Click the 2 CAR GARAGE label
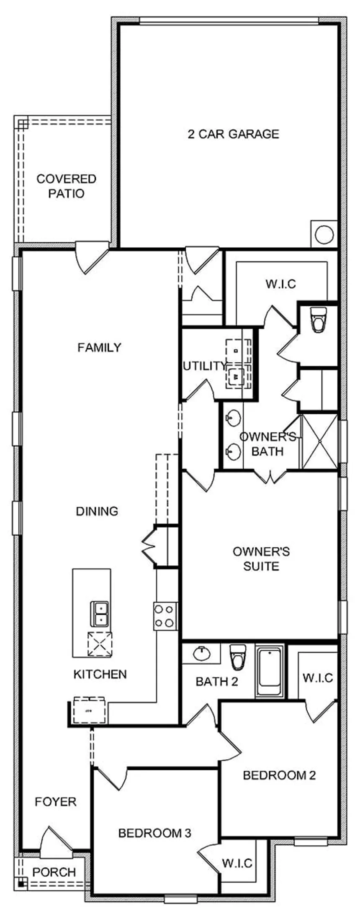click(233, 134)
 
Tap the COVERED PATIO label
click(66, 186)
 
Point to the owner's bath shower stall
click(319, 441)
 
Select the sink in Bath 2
click(202, 653)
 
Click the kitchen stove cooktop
click(165, 616)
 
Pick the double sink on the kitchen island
click(100, 613)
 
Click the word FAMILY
click(100, 347)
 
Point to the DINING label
click(97, 511)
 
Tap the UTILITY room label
click(205, 366)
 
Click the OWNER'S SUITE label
click(261, 559)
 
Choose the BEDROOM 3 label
click(155, 833)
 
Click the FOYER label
click(56, 802)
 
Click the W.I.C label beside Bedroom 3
click(237, 863)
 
